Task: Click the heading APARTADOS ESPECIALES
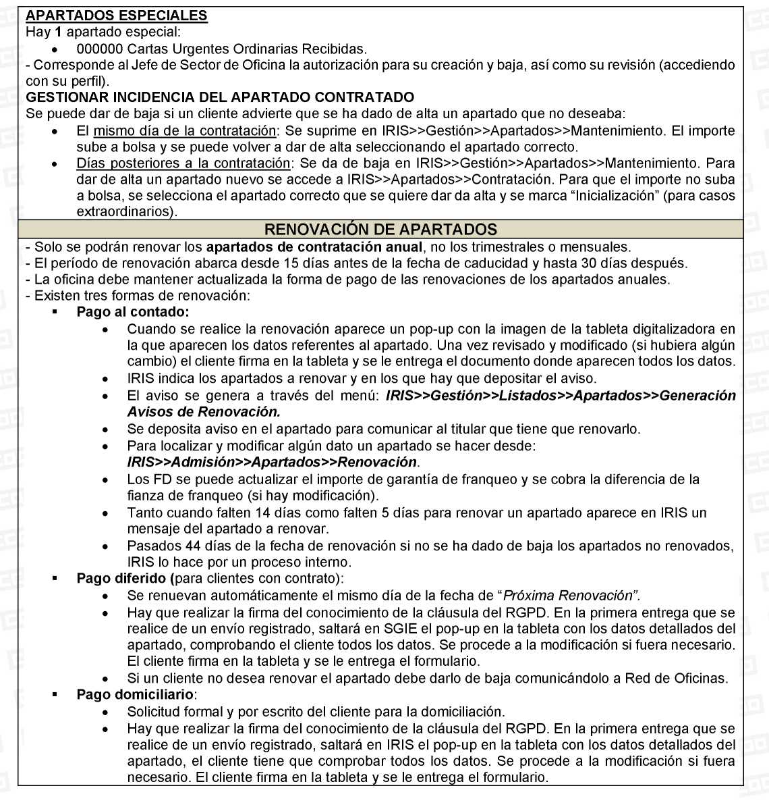pos(116,16)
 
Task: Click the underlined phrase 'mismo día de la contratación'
pos(184,130)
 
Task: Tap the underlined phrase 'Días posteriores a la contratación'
pos(183,163)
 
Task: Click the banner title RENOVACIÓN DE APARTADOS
pos(380,229)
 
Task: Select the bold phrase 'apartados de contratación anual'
pos(314,247)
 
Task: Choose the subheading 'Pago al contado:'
pos(133,312)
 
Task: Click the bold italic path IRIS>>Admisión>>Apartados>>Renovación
pos(272,463)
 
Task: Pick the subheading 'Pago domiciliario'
pos(136,695)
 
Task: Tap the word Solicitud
pos(153,712)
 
